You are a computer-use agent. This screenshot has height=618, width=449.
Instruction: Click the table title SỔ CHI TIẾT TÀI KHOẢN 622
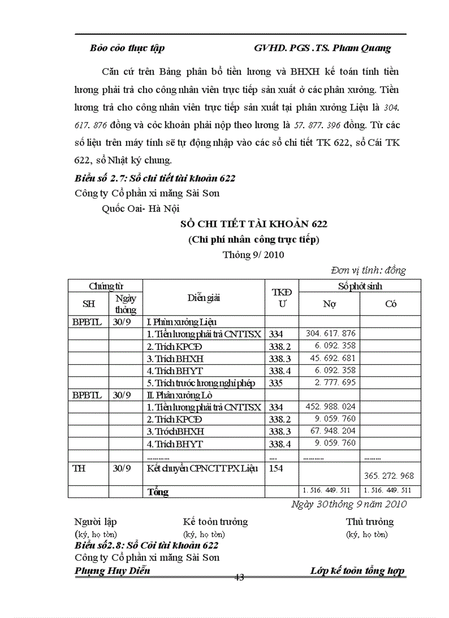tap(254, 224)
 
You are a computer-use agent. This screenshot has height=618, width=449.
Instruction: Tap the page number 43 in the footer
tap(239, 577)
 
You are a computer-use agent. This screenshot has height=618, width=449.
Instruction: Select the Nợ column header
tap(329, 304)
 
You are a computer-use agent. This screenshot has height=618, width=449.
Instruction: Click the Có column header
tap(391, 304)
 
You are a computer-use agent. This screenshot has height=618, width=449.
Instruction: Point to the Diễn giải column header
tap(204, 298)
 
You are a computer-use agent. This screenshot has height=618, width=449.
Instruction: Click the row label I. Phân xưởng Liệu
tap(181, 322)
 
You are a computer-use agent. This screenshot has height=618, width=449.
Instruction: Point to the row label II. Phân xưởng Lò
tap(179, 395)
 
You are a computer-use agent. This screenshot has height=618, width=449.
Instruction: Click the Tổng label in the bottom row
tap(158, 492)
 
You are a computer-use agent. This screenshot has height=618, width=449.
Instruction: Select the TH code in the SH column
tap(79, 468)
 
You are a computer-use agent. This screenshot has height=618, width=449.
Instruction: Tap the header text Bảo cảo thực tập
tap(127, 48)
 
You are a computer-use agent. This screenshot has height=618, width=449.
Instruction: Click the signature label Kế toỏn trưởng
tap(215, 522)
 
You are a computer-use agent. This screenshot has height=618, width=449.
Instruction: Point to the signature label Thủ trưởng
tap(369, 522)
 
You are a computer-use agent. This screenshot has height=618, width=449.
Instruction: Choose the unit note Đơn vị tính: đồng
tap(368, 270)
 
